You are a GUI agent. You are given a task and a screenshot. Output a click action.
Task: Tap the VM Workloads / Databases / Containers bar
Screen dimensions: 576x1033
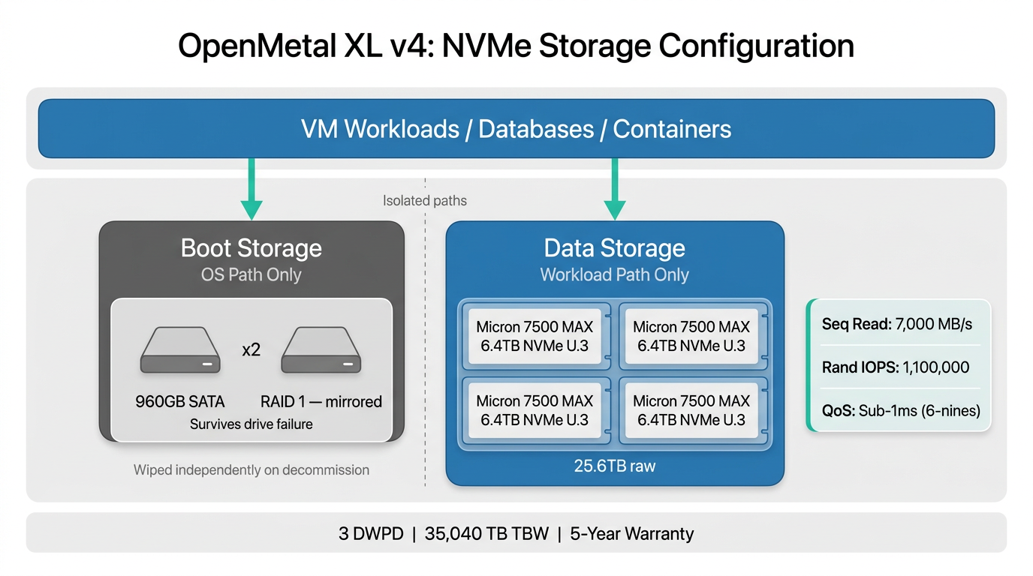(x=516, y=129)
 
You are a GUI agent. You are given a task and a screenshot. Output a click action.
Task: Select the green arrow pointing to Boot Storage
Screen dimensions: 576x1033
(x=251, y=191)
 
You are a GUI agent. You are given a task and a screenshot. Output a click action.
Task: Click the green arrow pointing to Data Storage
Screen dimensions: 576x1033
(x=615, y=191)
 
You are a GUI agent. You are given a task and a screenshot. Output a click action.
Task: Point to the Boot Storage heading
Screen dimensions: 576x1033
(x=251, y=248)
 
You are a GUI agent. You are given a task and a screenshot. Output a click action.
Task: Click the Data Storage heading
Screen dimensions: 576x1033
(x=614, y=248)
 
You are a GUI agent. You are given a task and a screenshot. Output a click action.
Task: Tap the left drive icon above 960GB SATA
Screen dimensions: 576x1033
(x=180, y=350)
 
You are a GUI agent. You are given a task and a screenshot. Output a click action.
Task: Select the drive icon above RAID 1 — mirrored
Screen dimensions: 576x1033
(x=321, y=350)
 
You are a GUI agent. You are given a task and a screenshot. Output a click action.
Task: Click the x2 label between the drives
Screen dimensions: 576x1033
(x=251, y=349)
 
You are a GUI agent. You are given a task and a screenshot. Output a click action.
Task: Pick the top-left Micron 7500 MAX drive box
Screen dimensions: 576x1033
(x=535, y=336)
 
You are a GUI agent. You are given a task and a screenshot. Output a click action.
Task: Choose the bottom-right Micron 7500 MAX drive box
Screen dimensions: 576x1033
(x=691, y=410)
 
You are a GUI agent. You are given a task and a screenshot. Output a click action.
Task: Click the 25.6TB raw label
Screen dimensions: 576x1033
(x=615, y=466)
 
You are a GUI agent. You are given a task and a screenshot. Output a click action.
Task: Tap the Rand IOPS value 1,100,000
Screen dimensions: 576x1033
(x=935, y=367)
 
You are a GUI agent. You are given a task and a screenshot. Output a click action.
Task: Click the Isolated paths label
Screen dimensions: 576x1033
(x=425, y=201)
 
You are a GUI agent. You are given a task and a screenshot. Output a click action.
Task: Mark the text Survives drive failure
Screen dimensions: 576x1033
(x=251, y=424)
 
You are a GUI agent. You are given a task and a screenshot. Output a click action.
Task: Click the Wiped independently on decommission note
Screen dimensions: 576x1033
(x=251, y=470)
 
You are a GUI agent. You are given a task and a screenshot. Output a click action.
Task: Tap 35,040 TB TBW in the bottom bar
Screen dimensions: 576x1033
(x=486, y=534)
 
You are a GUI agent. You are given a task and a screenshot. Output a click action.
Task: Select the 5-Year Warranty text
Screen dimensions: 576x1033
(x=632, y=534)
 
